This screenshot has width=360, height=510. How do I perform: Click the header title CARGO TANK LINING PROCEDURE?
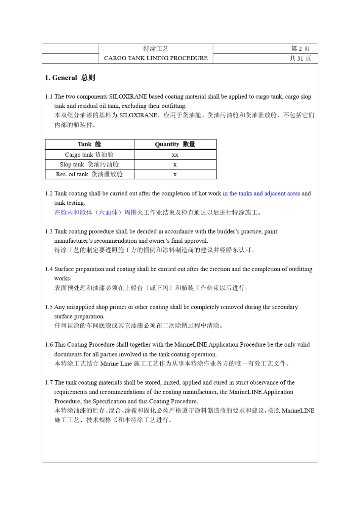point(156,58)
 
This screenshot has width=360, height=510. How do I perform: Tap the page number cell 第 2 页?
point(300,49)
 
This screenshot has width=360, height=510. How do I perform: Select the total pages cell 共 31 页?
point(300,58)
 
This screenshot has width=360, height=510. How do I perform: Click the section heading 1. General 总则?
point(70,78)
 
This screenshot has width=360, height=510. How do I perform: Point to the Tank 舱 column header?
point(89,144)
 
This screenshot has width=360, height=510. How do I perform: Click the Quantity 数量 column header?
point(175,144)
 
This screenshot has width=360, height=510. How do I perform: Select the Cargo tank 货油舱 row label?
point(89,155)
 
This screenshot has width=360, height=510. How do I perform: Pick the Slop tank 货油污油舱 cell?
point(89,165)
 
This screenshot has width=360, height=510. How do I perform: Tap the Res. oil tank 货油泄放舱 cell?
point(89,174)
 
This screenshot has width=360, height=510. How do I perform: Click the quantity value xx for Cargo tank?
point(175,155)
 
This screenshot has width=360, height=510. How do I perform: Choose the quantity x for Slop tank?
point(175,165)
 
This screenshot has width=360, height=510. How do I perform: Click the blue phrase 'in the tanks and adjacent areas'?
point(261,193)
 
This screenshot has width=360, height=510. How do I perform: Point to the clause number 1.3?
point(49,231)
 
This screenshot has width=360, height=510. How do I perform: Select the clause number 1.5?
point(49,307)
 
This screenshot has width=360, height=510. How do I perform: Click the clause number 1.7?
point(49,383)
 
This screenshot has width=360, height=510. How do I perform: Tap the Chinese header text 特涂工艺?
point(156,49)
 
